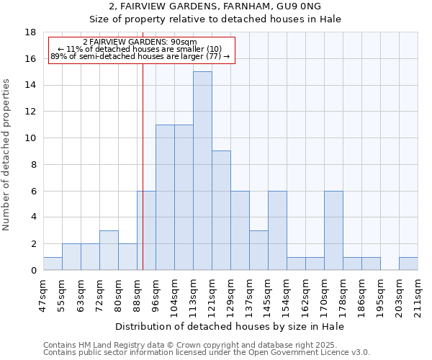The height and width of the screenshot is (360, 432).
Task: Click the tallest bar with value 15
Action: (x=202, y=171)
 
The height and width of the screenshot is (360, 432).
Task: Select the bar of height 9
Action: (x=221, y=210)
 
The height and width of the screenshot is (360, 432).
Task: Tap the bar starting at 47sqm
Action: (x=53, y=264)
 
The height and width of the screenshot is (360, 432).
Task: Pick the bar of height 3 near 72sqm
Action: (x=109, y=250)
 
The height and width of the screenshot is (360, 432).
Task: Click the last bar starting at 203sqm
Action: (x=408, y=264)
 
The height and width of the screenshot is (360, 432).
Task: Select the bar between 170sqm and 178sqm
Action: (x=333, y=230)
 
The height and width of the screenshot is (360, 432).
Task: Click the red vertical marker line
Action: (x=143, y=180)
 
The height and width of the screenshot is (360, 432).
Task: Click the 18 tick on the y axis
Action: (x=30, y=32)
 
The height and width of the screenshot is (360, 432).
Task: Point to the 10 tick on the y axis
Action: (x=30, y=138)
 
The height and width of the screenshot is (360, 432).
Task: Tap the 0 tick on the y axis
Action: (x=33, y=270)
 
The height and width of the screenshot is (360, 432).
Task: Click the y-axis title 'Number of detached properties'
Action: (x=7, y=155)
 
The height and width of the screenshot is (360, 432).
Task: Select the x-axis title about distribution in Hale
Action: (x=230, y=326)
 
